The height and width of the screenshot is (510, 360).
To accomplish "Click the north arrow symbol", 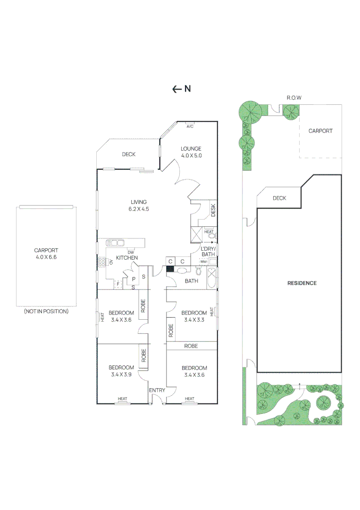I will click(x=177, y=89).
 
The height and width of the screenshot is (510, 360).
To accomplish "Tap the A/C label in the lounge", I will click(x=190, y=127).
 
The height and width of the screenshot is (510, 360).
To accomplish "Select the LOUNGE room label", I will click(x=191, y=148).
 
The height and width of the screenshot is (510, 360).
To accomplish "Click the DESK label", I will click(x=213, y=209).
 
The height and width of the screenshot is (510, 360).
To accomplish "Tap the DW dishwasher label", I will click(x=130, y=252).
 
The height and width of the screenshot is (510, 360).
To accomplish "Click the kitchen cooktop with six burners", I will click(x=101, y=262).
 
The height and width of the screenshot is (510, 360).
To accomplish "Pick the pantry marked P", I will click(x=127, y=279).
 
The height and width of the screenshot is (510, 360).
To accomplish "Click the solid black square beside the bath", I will click(x=170, y=269).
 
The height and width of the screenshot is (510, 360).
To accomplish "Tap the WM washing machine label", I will click(x=203, y=262).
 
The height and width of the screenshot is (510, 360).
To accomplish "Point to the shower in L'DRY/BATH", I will click(x=196, y=234).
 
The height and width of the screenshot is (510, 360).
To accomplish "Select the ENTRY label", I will click(x=157, y=390).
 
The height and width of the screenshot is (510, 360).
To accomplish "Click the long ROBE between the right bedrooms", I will click(x=191, y=346).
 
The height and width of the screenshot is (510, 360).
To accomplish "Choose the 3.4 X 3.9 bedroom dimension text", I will click(x=121, y=374).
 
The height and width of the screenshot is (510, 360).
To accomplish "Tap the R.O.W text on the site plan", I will click(x=294, y=98).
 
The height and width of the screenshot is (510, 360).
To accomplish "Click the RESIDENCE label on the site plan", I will click(x=302, y=283).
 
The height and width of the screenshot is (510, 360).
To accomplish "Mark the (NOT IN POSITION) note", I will click(x=46, y=311).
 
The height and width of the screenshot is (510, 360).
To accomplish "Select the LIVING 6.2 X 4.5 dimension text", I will click(x=139, y=209).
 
